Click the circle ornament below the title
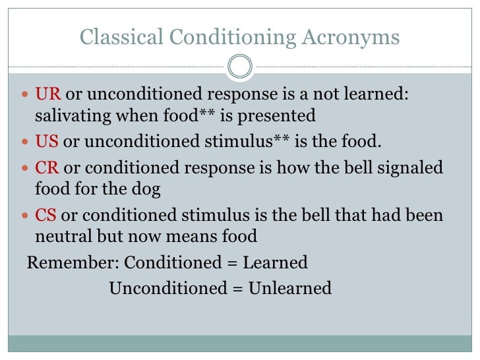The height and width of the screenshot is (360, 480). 240,66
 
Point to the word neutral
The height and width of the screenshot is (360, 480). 66,236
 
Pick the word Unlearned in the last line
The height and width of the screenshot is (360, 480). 290,288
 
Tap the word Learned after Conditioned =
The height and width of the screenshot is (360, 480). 275,262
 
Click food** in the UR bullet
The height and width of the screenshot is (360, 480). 187,116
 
